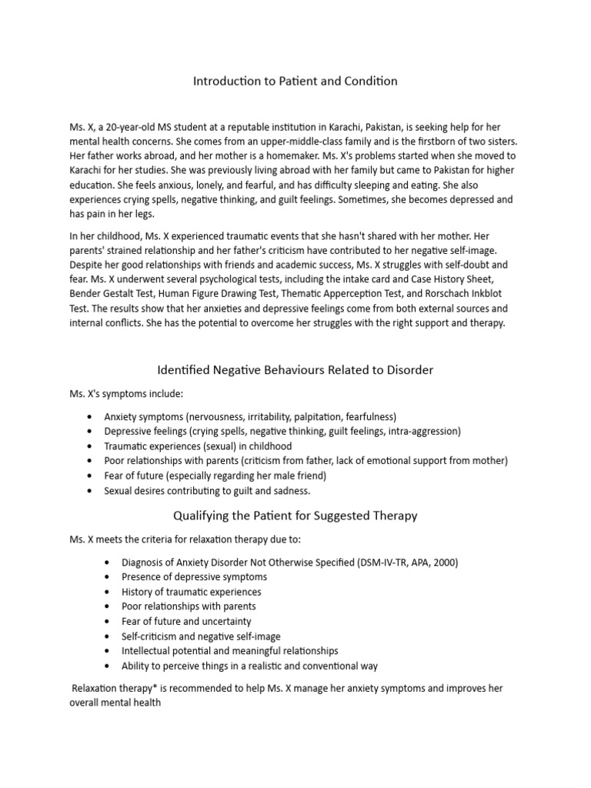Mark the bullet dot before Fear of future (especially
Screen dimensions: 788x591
90,476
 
